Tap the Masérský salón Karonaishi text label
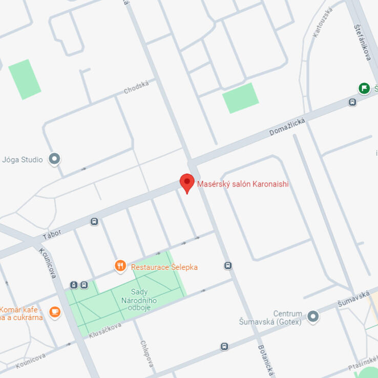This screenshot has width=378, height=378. (243, 184)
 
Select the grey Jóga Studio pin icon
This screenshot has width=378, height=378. (54, 159)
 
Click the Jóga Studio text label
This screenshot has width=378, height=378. (23, 160)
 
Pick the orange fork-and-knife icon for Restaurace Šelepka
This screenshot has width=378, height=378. (120, 265)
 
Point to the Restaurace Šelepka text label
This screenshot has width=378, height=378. (164, 267)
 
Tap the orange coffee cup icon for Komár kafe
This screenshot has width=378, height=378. (54, 311)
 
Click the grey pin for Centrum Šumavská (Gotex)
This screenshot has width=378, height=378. (313, 317)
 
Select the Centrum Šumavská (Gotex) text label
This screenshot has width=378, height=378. (269, 318)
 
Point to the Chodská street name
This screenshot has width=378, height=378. (136, 87)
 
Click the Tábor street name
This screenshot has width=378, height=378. (52, 234)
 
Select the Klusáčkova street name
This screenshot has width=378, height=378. (105, 329)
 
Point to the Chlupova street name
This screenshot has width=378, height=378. (146, 354)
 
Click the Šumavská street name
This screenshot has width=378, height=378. (353, 299)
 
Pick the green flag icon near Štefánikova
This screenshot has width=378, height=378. (364, 88)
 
